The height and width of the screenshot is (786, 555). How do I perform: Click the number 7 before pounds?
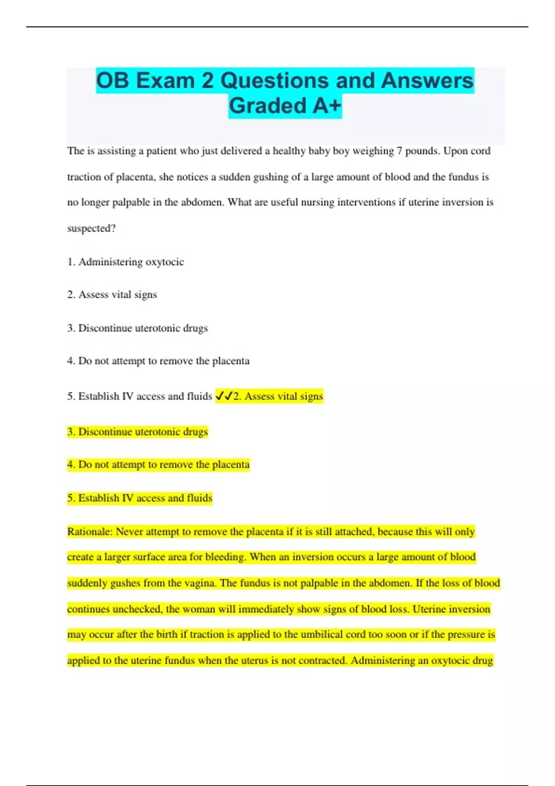pos(399,151)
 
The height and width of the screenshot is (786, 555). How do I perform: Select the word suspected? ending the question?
pos(91,228)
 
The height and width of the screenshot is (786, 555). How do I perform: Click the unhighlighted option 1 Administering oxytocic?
pos(125,262)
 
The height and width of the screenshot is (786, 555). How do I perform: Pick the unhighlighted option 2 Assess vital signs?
pos(112,295)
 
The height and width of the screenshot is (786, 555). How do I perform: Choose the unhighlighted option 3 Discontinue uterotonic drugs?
pos(137,328)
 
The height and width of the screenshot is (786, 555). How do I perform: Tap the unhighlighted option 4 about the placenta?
pos(158,361)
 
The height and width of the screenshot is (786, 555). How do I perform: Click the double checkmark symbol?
pos(224,396)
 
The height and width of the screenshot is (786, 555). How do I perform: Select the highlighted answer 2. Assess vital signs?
pos(278,396)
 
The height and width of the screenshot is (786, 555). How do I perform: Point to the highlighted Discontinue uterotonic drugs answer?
pos(137,432)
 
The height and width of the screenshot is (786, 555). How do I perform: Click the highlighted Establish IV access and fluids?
pos(140,498)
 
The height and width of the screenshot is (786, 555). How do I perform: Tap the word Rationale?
pos(90,532)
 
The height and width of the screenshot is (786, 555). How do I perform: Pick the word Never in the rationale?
pos(129,532)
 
